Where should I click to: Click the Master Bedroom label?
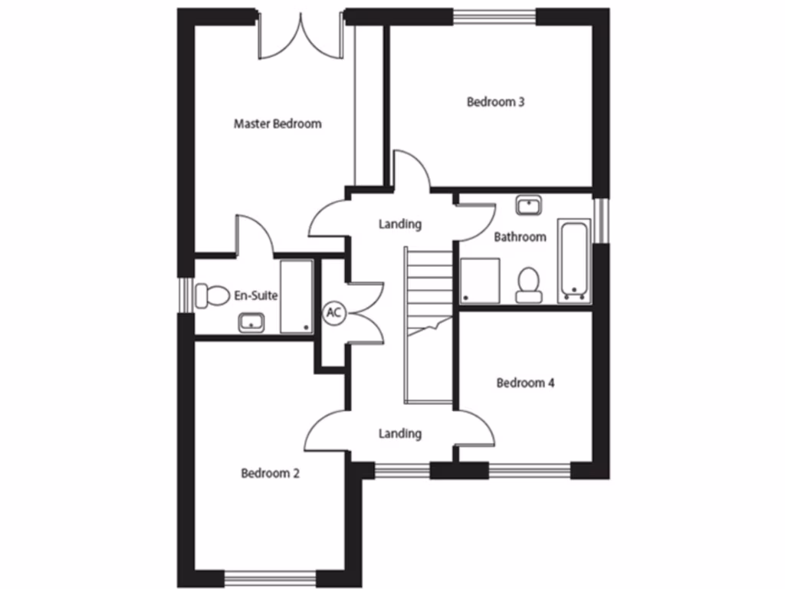(x=278, y=123)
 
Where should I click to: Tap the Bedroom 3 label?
(x=495, y=101)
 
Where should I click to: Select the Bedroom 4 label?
(x=525, y=383)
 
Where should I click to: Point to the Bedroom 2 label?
(x=270, y=473)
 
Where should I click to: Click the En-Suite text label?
(x=256, y=295)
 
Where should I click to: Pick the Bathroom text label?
(x=520, y=237)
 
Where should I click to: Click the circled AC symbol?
(x=333, y=312)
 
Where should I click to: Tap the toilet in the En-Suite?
(x=212, y=295)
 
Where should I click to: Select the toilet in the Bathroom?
(x=527, y=284)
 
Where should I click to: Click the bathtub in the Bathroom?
(x=574, y=259)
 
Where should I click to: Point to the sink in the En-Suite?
(x=251, y=323)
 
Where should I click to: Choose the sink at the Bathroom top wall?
(x=528, y=204)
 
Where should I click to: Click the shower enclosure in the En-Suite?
(x=296, y=297)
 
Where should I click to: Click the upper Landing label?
(x=400, y=225)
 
